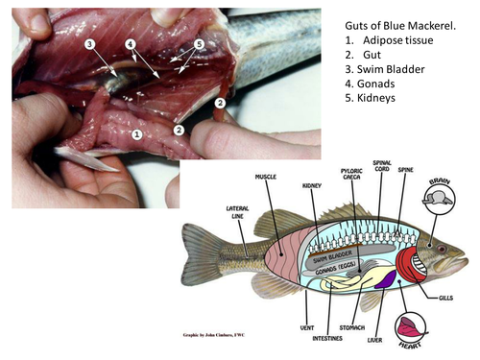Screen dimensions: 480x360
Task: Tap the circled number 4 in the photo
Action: point(130,44)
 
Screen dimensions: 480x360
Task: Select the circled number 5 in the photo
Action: point(199,44)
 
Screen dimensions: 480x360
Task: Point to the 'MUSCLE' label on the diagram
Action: point(266,178)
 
